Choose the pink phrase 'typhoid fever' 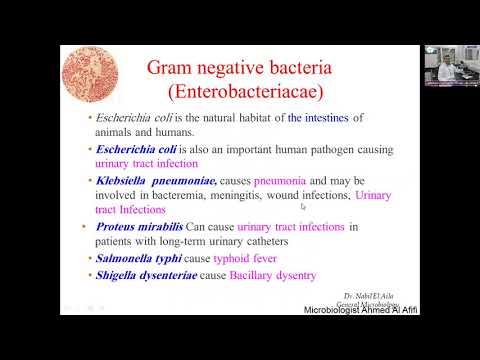[247, 258]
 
